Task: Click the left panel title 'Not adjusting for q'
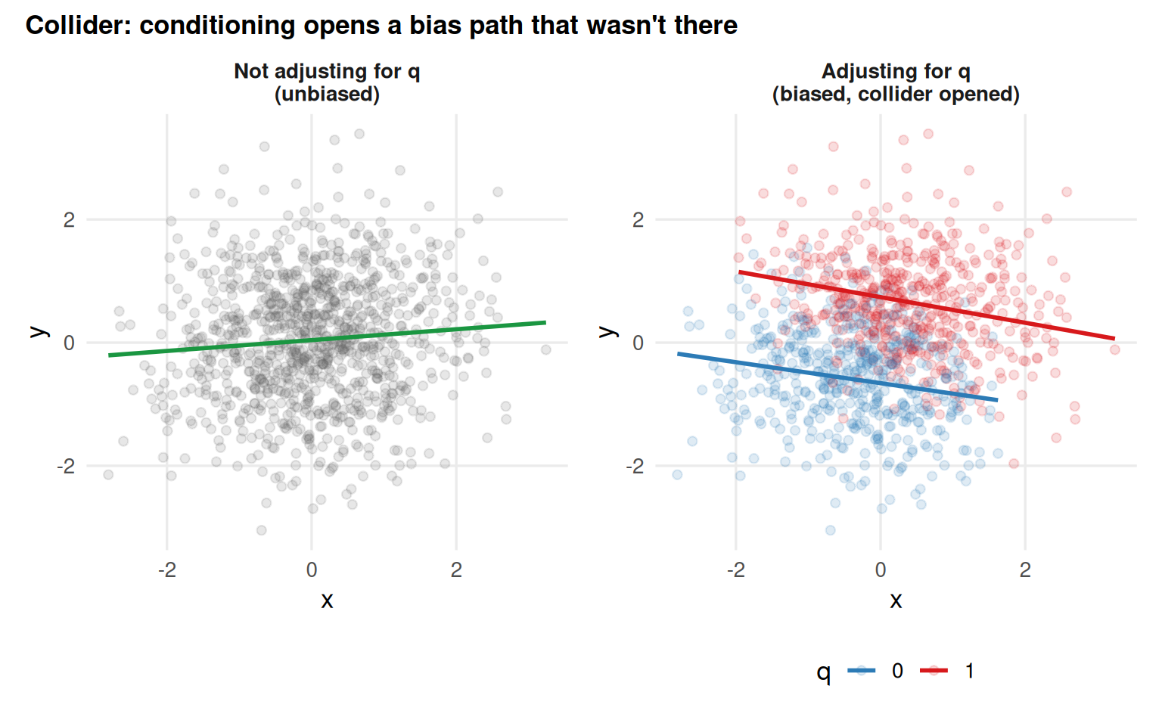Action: click(x=327, y=71)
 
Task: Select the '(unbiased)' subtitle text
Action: click(x=327, y=95)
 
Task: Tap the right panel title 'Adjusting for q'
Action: click(x=896, y=71)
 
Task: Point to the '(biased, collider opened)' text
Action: click(x=896, y=95)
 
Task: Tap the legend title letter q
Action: click(x=824, y=672)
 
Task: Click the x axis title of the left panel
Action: click(x=327, y=600)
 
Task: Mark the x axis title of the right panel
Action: click(x=896, y=600)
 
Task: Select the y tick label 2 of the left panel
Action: click(x=70, y=220)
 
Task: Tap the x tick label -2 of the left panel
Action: click(x=166, y=570)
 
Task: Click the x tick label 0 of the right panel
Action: click(x=881, y=570)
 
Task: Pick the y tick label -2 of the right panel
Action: click(x=635, y=467)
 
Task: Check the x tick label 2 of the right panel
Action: click(x=1025, y=570)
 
